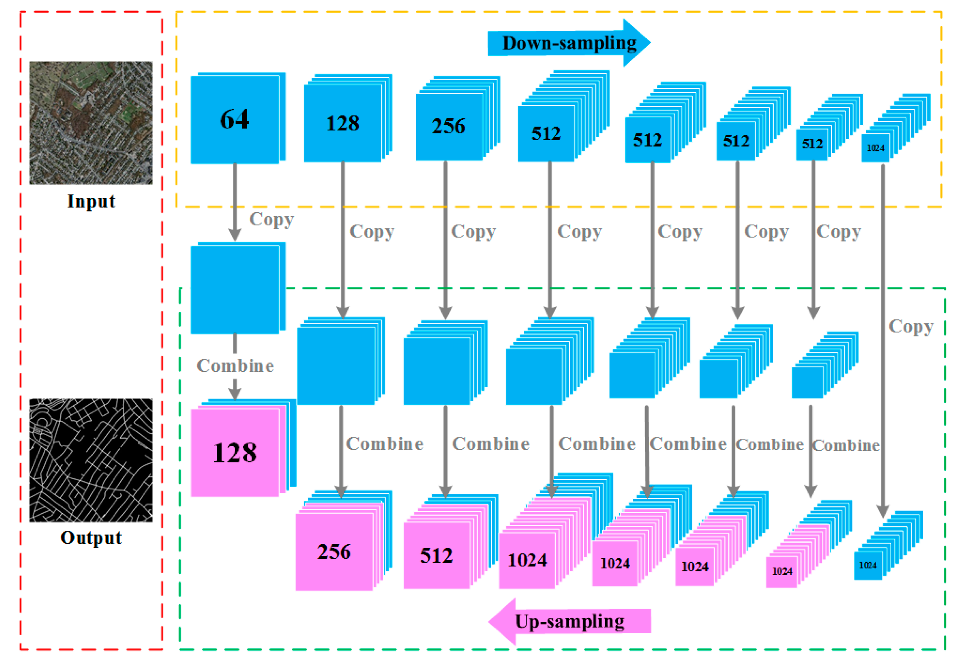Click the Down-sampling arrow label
click(569, 43)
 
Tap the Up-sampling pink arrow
click(569, 621)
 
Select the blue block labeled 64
click(235, 119)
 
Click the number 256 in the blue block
click(448, 126)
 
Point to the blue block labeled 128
click(343, 124)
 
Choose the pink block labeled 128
click(235, 453)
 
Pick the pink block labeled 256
click(334, 552)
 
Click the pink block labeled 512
click(436, 556)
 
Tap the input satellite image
click(91, 123)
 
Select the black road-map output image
click(91, 460)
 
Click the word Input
click(91, 201)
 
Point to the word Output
click(91, 538)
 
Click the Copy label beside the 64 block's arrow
click(272, 219)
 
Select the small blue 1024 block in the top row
click(875, 148)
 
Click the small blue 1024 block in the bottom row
click(868, 565)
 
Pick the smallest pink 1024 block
click(782, 571)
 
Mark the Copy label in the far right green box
click(911, 326)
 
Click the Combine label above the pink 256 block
click(384, 444)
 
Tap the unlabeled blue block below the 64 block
click(235, 290)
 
